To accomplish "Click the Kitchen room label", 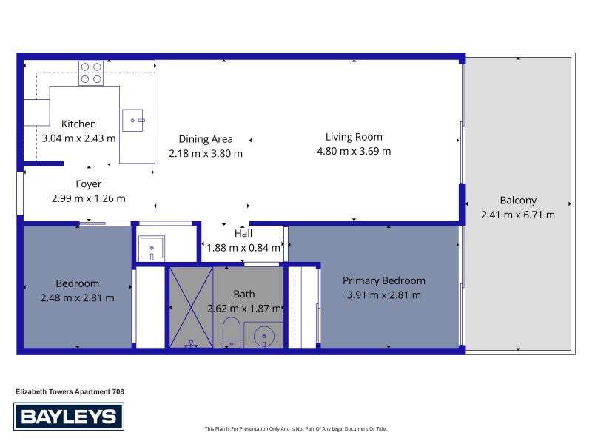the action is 78,124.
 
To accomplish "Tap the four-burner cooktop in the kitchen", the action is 91,73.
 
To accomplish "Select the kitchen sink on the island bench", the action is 133,121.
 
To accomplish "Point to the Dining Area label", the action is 206,139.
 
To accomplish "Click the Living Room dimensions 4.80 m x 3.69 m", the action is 354,152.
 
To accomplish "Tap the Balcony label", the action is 518,201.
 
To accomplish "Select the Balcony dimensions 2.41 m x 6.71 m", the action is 518,215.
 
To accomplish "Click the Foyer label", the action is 88,184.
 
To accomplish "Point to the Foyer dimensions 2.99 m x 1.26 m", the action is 88,198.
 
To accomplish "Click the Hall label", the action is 243,233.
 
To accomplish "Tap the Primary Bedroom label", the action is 384,281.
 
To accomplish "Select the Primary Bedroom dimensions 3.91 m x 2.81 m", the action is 384,295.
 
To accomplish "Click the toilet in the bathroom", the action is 232,332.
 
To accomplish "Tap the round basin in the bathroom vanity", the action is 264,336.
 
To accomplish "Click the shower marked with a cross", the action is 191,307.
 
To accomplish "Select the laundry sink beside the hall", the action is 152,248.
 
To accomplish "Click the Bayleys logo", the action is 69,417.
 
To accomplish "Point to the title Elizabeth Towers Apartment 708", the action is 70,392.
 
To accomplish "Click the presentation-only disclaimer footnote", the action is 295,429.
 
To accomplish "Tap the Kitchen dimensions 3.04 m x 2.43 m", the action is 78,138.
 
